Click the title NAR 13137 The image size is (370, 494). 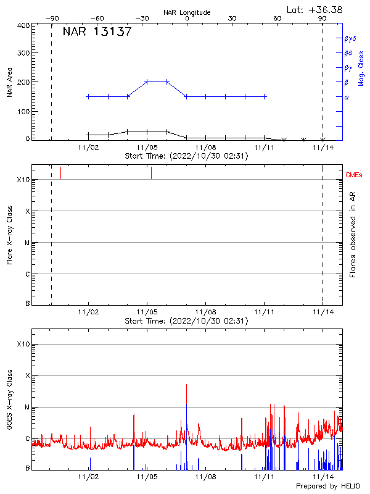coord(97,32)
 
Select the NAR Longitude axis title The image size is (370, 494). coord(187,12)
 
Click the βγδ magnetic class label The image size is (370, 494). coord(350,38)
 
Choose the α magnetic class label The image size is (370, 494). coord(347,97)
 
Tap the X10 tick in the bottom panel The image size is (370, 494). coord(23,344)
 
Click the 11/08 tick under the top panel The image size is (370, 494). coord(206,148)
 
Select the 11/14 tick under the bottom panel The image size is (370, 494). coord(323,477)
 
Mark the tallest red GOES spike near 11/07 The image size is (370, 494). coord(186,385)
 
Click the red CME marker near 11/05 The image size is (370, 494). coord(151,173)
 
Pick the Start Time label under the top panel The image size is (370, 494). coord(186,156)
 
